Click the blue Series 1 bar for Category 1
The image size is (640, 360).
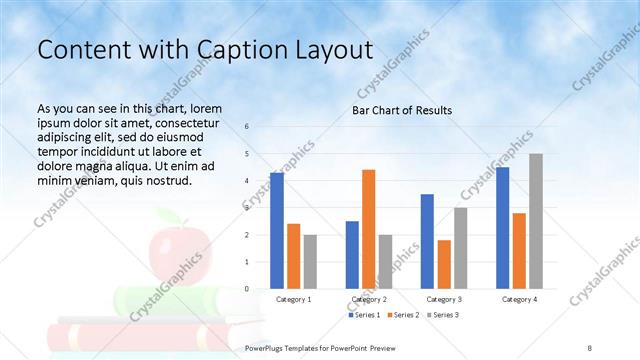(277, 231)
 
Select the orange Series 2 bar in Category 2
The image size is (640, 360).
(369, 229)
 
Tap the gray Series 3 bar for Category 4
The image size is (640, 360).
(536, 221)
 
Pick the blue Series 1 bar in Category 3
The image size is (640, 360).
(427, 241)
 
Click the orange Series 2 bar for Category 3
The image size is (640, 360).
(444, 264)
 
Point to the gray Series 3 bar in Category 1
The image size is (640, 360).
(310, 262)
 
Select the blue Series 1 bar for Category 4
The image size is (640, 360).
(503, 228)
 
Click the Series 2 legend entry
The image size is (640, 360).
(404, 315)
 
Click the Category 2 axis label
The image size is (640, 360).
(369, 299)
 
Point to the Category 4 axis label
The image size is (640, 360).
(519, 299)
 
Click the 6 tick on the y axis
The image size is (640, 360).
(247, 126)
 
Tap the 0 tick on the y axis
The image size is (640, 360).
(247, 288)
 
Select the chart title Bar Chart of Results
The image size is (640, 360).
(402, 110)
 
